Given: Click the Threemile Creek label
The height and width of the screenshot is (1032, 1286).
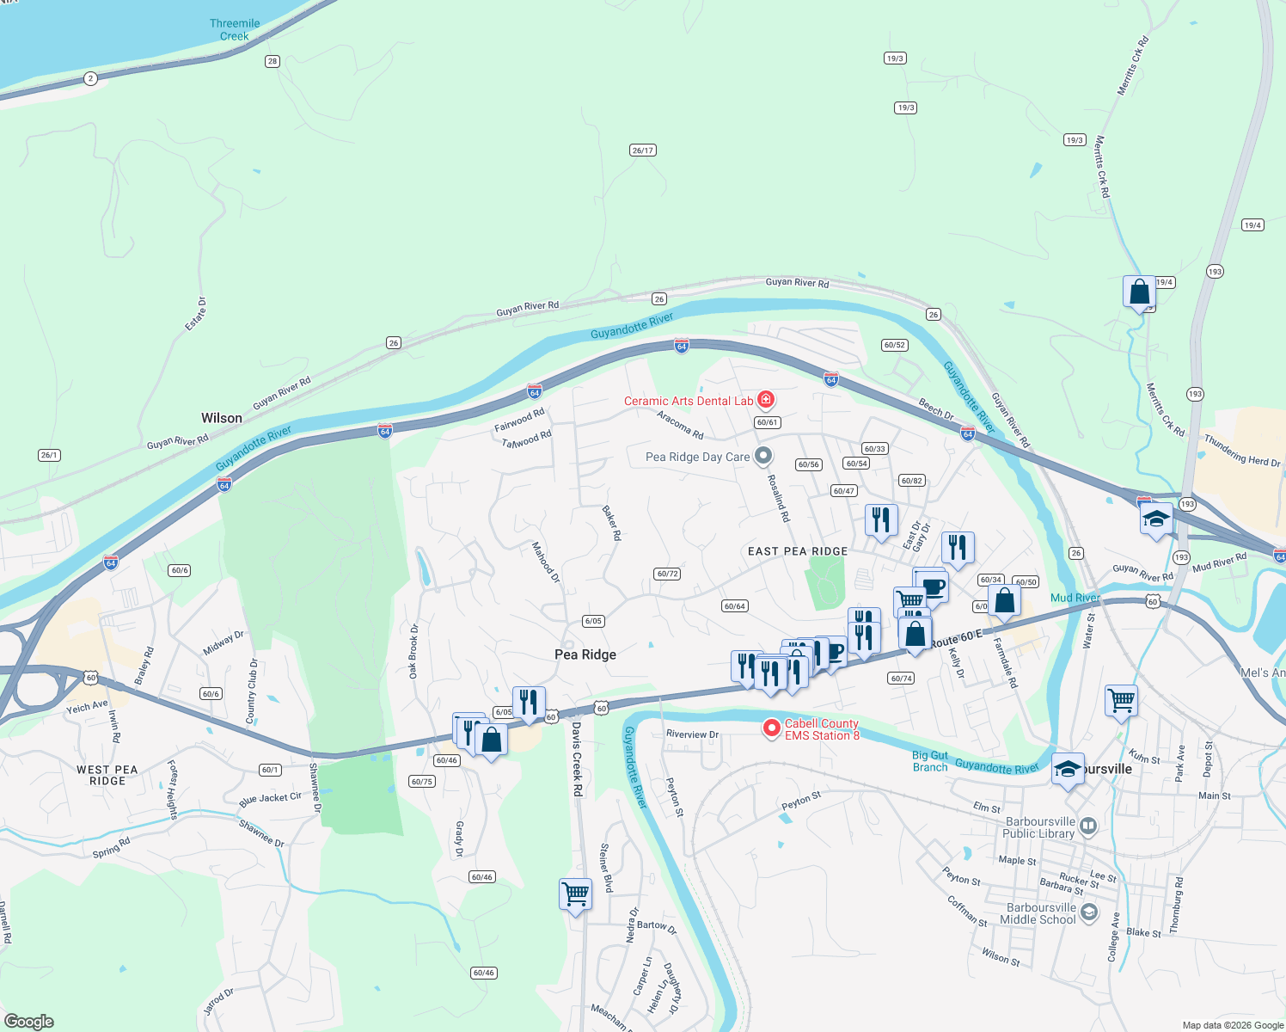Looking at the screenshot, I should (x=234, y=30).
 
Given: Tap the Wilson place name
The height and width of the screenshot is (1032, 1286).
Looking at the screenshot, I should (x=222, y=418).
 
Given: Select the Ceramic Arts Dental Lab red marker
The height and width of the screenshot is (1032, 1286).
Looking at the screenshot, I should (x=765, y=400).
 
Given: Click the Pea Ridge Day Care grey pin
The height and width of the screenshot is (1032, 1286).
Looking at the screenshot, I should (x=762, y=457).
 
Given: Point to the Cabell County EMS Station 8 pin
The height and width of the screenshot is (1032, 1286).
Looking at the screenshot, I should (x=772, y=728).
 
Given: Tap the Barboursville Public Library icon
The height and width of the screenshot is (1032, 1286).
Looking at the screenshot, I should (x=1088, y=826).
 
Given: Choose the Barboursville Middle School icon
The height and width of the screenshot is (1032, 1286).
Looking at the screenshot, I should (x=1089, y=912).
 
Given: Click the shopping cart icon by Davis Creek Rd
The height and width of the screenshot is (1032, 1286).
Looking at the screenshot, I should (x=575, y=894).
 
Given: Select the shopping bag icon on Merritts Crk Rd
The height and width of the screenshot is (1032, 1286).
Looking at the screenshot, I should (x=1139, y=292).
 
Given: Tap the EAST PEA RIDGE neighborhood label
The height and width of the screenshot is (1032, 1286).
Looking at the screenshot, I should (x=798, y=551).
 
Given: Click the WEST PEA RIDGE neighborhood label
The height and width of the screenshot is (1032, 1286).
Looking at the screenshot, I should (x=107, y=775).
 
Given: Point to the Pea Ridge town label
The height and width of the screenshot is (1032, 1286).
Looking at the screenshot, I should (x=585, y=654).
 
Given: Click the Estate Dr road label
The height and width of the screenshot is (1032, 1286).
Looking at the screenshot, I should (x=196, y=314).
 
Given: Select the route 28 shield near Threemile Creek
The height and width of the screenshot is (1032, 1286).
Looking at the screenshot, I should (x=273, y=61).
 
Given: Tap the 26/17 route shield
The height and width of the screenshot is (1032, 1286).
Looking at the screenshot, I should (x=642, y=150).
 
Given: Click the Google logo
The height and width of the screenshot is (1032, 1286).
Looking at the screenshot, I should (x=28, y=1022).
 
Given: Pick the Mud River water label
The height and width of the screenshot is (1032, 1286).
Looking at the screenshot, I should (x=1075, y=598).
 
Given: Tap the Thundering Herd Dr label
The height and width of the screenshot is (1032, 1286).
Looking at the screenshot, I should (x=1241, y=451).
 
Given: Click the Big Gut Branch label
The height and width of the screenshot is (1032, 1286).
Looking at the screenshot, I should (x=930, y=761).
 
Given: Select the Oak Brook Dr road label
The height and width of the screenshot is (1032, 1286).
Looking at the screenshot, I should (x=413, y=651).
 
